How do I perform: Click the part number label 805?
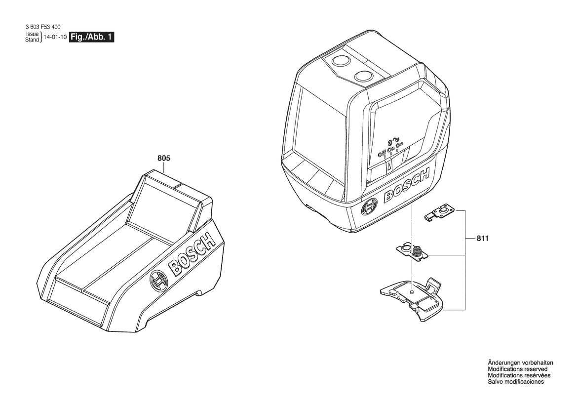[164, 159]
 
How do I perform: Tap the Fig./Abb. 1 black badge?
[91, 37]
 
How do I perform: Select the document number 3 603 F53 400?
[43, 27]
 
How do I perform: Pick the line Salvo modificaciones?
[515, 382]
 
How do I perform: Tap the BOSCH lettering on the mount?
[192, 254]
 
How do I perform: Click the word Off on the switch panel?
[383, 152]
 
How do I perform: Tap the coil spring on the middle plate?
[416, 251]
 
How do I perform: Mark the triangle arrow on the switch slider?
[389, 167]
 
